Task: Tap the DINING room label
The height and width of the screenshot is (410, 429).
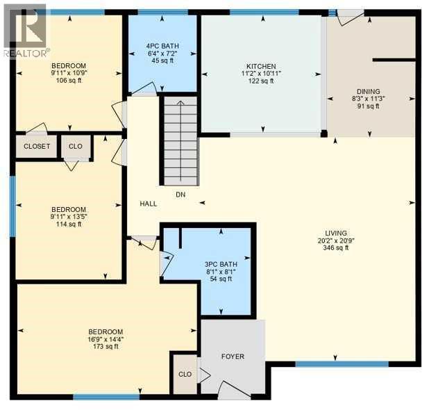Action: point(368,91)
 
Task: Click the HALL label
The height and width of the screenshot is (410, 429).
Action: point(148,204)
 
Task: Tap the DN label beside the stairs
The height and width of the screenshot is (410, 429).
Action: point(180,195)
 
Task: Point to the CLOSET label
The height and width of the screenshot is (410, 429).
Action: point(36,147)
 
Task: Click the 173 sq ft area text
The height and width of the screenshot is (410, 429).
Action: point(106,347)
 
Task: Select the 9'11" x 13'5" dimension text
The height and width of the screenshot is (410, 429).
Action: point(68,217)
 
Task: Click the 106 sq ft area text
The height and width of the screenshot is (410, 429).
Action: point(68,80)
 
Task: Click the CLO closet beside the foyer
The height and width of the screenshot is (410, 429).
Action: point(185,374)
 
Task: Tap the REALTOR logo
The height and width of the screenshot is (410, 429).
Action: point(25,31)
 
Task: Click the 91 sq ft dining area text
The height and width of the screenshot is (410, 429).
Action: point(368,106)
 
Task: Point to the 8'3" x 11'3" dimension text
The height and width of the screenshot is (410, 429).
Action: point(368,99)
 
